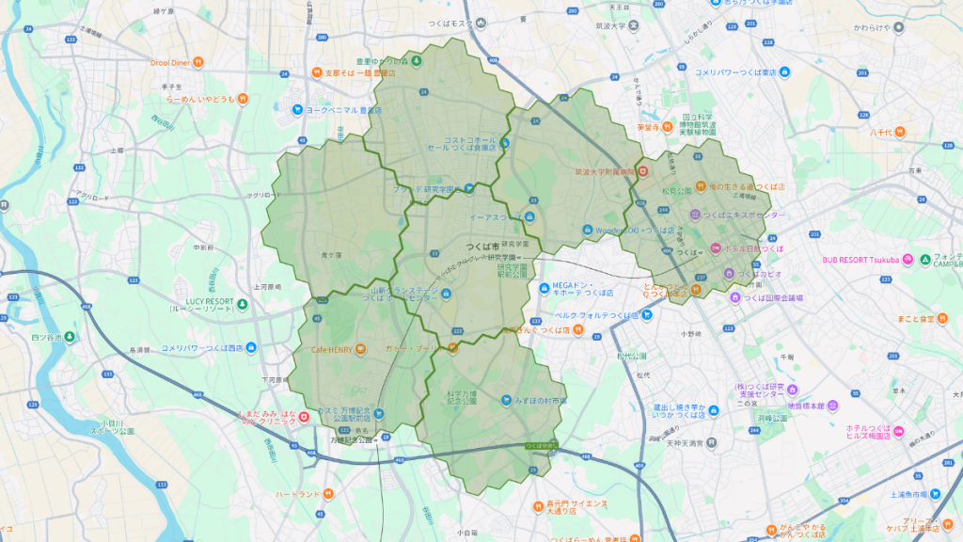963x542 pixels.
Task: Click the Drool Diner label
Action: point(170,63)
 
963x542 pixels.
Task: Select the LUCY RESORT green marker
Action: point(242,303)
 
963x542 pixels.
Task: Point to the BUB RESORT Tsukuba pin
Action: point(907,259)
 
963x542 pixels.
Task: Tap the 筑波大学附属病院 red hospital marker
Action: point(642,171)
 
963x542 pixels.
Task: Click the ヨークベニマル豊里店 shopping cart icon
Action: point(298,109)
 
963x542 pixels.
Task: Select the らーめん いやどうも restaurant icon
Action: point(242,98)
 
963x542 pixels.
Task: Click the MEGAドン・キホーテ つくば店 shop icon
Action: point(545,288)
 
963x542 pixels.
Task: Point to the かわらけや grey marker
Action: point(897,27)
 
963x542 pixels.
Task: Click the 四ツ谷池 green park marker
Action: point(68,336)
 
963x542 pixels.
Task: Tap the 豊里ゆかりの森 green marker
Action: point(418,62)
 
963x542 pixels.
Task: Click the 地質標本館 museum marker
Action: point(830,406)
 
